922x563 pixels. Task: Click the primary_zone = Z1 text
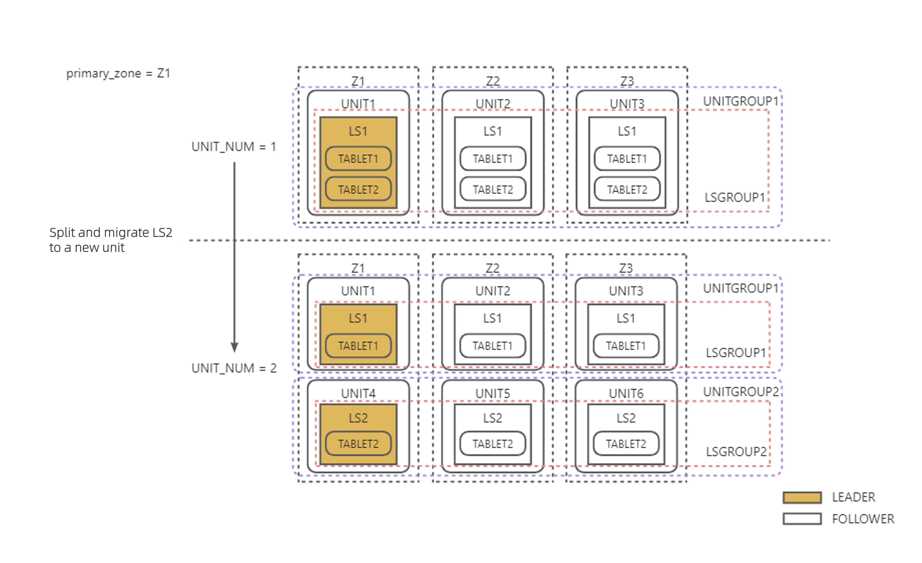point(118,73)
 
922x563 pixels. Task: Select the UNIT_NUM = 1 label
point(234,147)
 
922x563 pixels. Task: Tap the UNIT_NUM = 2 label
point(234,368)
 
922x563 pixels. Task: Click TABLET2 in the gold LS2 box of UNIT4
point(358,444)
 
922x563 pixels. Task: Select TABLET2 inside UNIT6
point(626,444)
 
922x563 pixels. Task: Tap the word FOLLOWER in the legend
point(863,519)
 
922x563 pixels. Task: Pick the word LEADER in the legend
point(853,498)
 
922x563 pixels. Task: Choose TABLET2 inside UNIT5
point(492,444)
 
